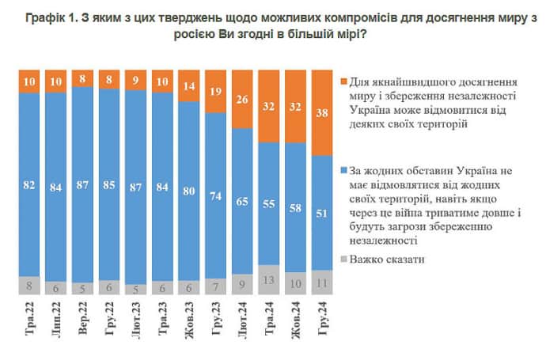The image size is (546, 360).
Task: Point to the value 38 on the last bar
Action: click(x=323, y=112)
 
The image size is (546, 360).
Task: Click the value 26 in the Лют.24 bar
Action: click(x=242, y=98)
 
